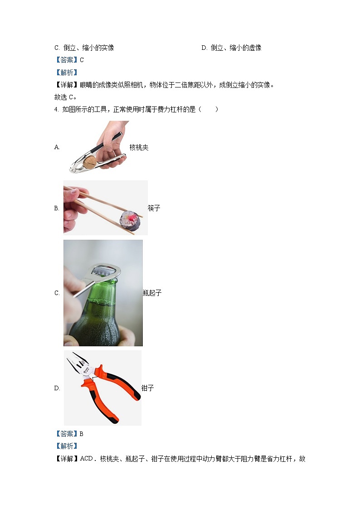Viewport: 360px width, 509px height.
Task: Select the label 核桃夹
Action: pyautogui.click(x=139, y=147)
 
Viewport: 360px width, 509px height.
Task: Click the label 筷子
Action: pyautogui.click(x=154, y=208)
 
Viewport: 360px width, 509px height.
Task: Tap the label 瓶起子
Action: pyautogui.click(x=152, y=293)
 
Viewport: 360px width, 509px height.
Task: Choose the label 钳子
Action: pyautogui.click(x=148, y=388)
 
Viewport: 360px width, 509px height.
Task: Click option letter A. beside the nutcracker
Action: pyautogui.click(x=57, y=147)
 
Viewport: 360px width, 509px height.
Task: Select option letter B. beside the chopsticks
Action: pyautogui.click(x=57, y=208)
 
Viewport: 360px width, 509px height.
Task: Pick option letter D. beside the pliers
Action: pyautogui.click(x=57, y=388)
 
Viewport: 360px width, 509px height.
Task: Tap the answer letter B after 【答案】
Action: pyautogui.click(x=82, y=434)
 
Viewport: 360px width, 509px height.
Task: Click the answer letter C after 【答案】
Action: pyautogui.click(x=82, y=60)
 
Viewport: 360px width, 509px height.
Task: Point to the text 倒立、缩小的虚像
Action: pyautogui.click(x=236, y=48)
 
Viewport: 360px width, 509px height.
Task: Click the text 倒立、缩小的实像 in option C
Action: pyautogui.click(x=89, y=48)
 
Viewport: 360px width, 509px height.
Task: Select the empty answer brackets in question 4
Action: pyautogui.click(x=210, y=109)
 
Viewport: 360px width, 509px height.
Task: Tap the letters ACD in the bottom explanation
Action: pyautogui.click(x=86, y=459)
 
